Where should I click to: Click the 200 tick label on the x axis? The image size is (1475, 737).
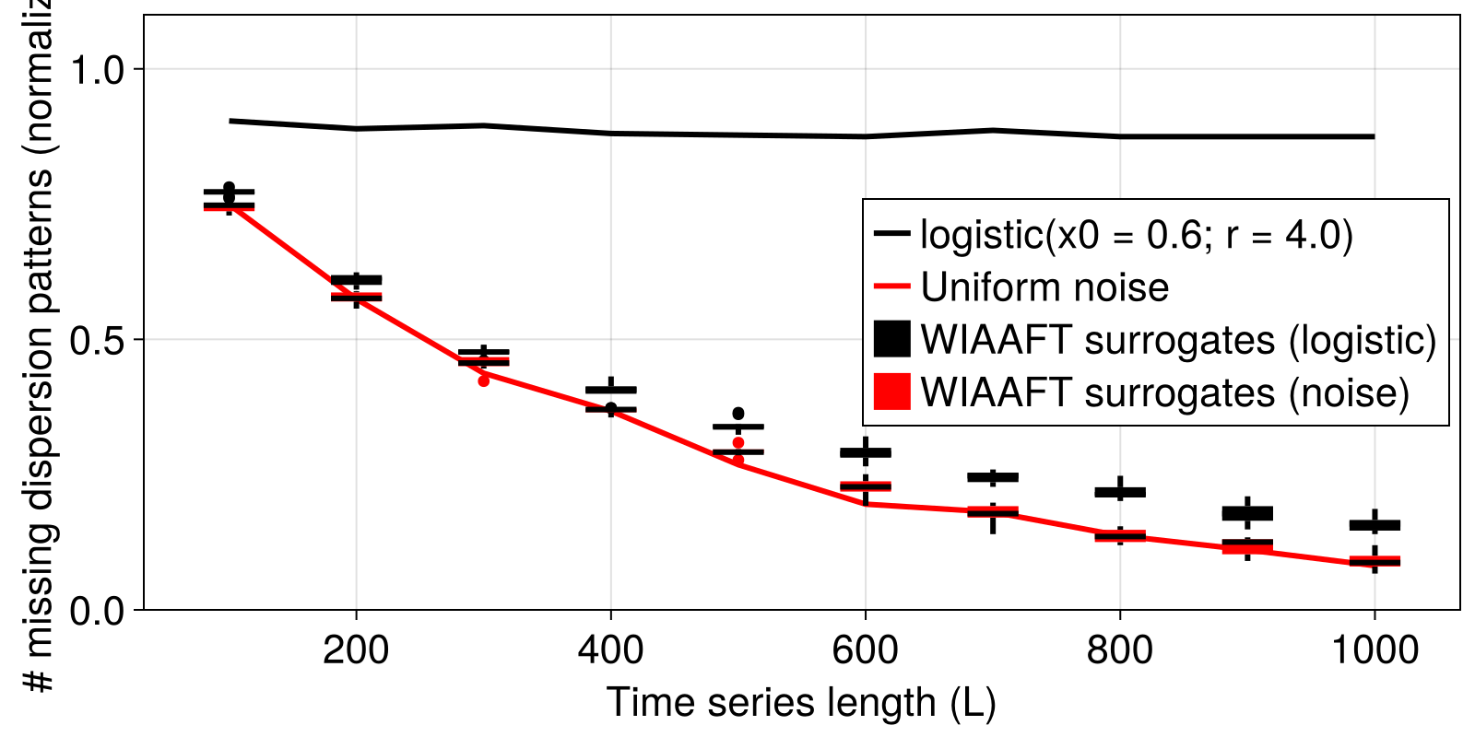tap(355, 650)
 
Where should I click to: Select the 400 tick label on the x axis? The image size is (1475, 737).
tap(610, 650)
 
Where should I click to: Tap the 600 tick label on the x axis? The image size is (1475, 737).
tap(865, 650)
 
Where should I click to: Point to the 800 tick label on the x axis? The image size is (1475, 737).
tap(1119, 650)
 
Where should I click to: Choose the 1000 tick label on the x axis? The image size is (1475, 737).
tap(1374, 650)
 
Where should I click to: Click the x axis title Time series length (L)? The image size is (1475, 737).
tap(801, 703)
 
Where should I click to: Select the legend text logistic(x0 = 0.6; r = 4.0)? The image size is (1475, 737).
tap(1137, 235)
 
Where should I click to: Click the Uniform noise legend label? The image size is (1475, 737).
tap(1044, 287)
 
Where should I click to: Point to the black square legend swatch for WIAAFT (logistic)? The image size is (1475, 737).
tap(891, 339)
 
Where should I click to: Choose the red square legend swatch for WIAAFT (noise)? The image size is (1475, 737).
tap(891, 392)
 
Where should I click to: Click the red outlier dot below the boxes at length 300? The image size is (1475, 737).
tap(484, 380)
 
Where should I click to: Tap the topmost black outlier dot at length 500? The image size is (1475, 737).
tap(738, 414)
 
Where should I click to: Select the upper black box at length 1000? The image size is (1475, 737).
tap(1375, 525)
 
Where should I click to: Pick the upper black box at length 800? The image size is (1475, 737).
tap(1120, 492)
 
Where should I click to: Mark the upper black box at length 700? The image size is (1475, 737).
tap(993, 477)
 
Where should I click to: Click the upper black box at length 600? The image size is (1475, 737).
tap(866, 452)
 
